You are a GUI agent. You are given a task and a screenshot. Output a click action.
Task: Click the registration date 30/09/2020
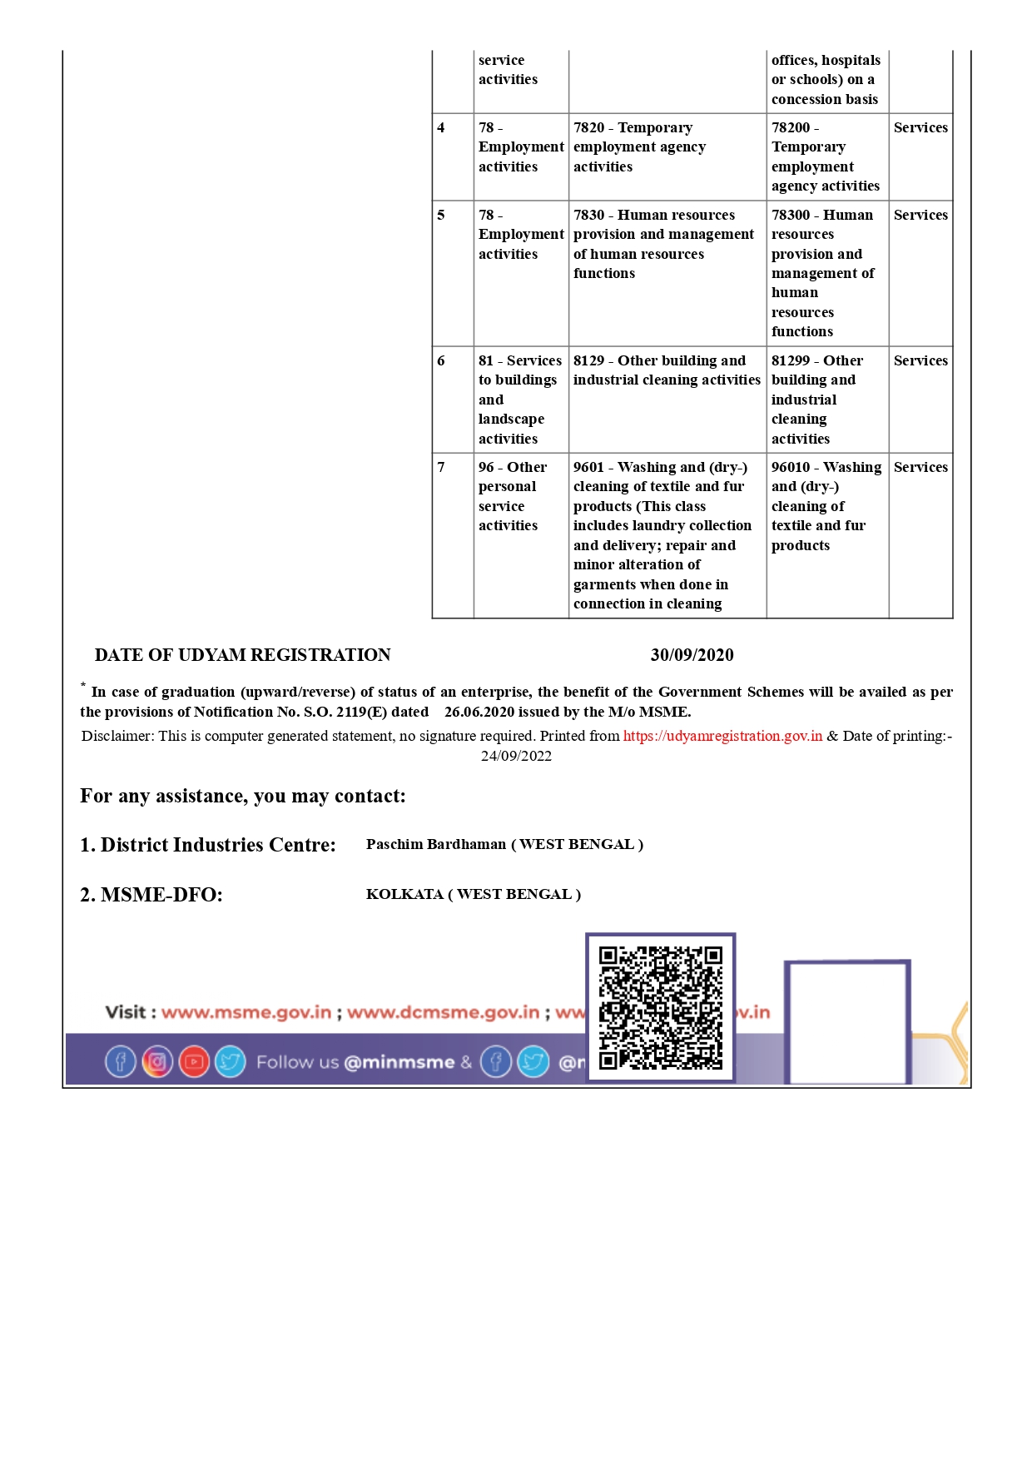pyautogui.click(x=692, y=655)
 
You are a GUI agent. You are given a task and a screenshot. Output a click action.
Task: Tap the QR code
pyautogui.click(x=661, y=1007)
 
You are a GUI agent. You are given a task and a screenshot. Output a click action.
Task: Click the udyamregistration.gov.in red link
pyautogui.click(x=722, y=736)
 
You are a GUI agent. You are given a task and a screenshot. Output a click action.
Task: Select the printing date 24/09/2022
pyautogui.click(x=516, y=756)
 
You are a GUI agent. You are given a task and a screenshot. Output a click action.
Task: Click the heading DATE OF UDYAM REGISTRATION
pyautogui.click(x=242, y=655)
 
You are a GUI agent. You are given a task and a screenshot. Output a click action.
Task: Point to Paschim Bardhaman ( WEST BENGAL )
pyautogui.click(x=504, y=844)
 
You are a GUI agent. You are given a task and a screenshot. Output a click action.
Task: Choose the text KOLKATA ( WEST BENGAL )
pyautogui.click(x=473, y=894)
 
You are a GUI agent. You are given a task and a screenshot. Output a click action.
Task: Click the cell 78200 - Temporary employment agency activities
pyautogui.click(x=826, y=156)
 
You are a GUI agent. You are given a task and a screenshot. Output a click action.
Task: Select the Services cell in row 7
pyautogui.click(x=920, y=467)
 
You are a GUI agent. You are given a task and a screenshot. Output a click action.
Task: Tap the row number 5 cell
pyautogui.click(x=442, y=215)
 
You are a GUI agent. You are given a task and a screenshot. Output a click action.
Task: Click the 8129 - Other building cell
pyautogui.click(x=667, y=370)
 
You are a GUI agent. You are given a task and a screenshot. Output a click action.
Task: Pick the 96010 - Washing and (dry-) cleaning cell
pyautogui.click(x=826, y=506)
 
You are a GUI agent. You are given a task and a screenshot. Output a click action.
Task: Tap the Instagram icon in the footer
pyautogui.click(x=157, y=1061)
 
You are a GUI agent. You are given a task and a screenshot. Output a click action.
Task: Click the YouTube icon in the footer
pyautogui.click(x=194, y=1061)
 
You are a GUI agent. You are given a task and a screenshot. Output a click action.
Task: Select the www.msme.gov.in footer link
pyautogui.click(x=246, y=1012)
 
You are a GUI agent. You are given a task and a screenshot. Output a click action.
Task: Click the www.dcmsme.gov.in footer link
pyautogui.click(x=444, y=1012)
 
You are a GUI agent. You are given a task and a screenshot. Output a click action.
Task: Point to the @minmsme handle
pyautogui.click(x=399, y=1062)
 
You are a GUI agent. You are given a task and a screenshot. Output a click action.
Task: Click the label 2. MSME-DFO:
pyautogui.click(x=151, y=895)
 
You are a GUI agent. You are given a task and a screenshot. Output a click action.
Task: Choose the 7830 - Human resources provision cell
pyautogui.click(x=666, y=244)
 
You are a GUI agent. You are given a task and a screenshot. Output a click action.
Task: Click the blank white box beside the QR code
pyautogui.click(x=846, y=1022)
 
